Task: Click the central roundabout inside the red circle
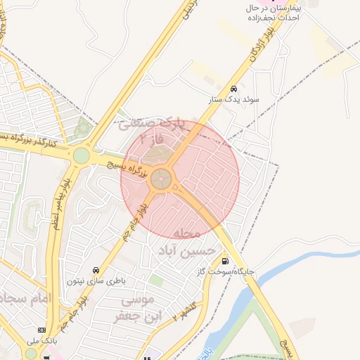tap(162, 179)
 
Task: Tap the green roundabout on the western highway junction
tap(82, 155)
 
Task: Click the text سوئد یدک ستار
tap(233, 100)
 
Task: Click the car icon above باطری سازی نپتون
tap(95, 270)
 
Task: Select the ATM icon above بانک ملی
tap(42, 330)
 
